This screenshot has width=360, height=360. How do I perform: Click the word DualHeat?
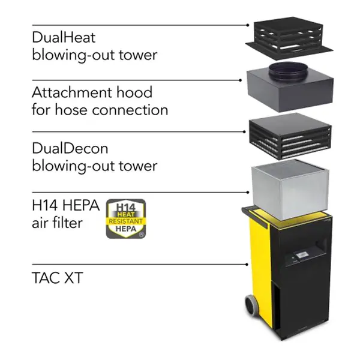[x=64, y=37]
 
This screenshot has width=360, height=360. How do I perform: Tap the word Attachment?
[x=71, y=92]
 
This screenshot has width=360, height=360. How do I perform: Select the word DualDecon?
[x=70, y=148]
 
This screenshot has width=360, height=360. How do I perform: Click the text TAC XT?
[x=58, y=278]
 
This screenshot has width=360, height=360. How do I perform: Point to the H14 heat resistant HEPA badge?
[x=126, y=219]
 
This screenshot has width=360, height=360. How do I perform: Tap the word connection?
[x=130, y=110]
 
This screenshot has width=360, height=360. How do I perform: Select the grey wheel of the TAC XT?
[x=252, y=305]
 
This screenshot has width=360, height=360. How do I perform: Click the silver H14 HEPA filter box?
[x=290, y=189]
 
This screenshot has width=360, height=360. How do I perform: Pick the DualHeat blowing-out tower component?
[x=289, y=37]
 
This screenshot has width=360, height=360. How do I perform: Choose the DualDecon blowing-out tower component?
[x=290, y=136]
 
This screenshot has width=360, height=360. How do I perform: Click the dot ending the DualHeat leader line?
[x=248, y=25]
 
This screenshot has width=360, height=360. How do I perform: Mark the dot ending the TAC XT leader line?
[x=247, y=265]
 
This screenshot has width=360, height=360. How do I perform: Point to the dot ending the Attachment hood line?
[x=241, y=80]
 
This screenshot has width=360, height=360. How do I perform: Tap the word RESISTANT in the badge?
[x=125, y=221]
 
